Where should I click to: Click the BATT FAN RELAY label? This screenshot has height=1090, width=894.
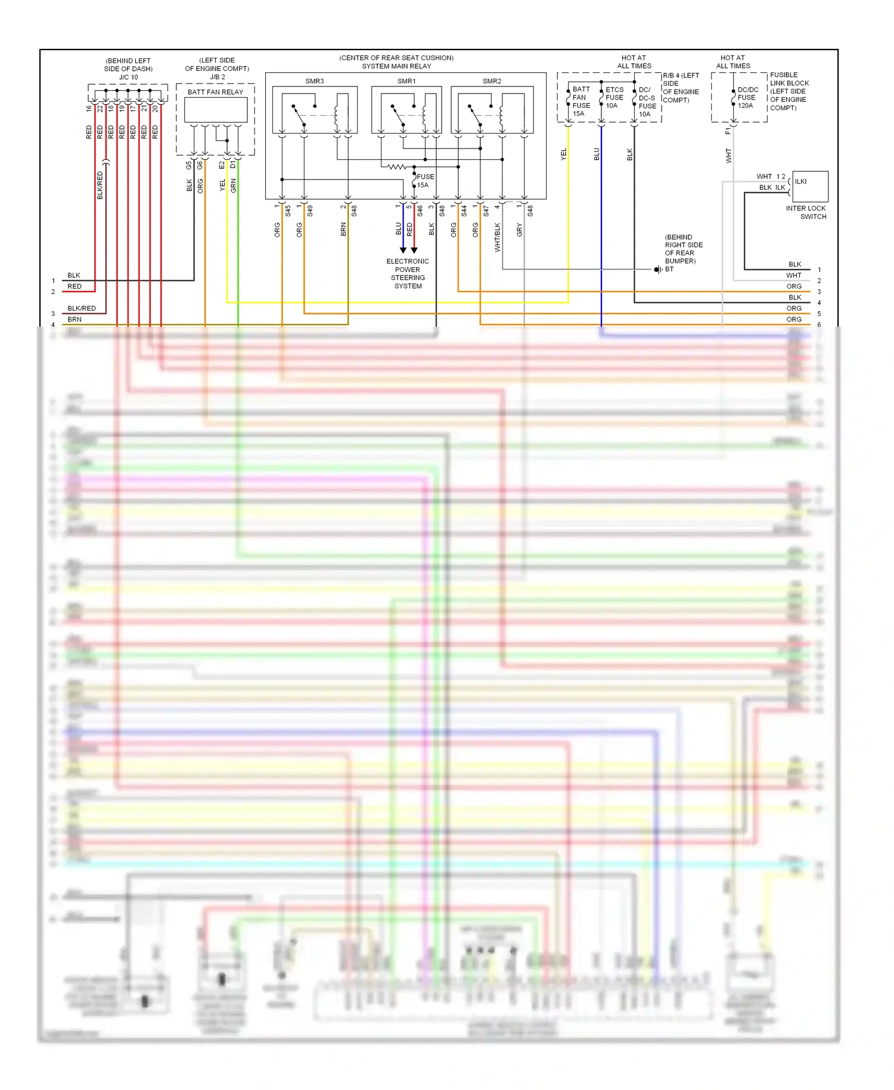[x=215, y=92]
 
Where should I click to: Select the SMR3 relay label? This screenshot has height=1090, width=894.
[x=315, y=81]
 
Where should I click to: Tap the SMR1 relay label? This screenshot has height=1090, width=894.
[x=406, y=81]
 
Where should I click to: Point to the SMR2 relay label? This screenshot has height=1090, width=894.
[x=492, y=81]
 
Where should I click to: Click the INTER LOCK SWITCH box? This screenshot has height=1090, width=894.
[x=810, y=186]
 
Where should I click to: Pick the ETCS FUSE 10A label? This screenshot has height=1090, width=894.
[x=614, y=98]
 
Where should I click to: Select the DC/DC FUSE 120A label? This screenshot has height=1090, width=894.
[x=747, y=98]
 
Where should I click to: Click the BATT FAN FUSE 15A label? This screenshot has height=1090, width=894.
[x=581, y=101]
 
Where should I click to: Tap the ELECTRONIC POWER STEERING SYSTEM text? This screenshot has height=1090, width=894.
[x=408, y=274]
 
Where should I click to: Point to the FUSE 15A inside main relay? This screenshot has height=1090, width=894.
[x=425, y=181]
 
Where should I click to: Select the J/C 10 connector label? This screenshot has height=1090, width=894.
[x=128, y=78]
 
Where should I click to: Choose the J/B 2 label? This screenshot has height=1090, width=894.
[x=217, y=77]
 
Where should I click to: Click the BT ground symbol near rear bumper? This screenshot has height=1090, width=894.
[x=658, y=270]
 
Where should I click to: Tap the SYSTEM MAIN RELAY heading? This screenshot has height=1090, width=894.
[x=396, y=66]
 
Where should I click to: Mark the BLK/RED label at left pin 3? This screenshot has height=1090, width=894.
[x=82, y=308]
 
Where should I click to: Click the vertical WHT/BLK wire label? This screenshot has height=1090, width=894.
[x=498, y=237]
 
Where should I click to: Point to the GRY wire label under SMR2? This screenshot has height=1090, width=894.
[x=520, y=230]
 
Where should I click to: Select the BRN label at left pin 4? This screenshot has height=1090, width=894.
[x=74, y=320]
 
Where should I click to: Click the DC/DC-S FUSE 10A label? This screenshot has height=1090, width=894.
[x=647, y=102]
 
